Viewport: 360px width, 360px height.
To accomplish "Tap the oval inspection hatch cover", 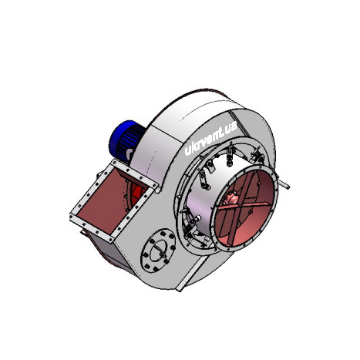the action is click(x=158, y=251).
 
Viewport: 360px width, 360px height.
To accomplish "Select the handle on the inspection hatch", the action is click(x=160, y=251).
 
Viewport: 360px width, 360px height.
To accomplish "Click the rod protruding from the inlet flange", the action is click(x=284, y=183).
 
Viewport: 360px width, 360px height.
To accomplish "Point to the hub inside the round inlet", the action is click(x=232, y=200).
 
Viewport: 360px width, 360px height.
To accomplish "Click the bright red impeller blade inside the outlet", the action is click(x=137, y=193).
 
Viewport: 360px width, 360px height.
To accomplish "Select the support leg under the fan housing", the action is click(x=191, y=272).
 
